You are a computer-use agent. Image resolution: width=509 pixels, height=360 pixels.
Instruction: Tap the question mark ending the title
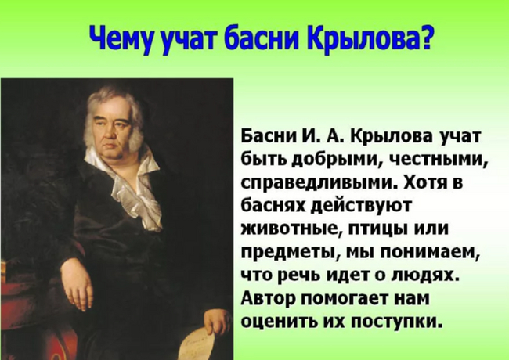tap(425, 38)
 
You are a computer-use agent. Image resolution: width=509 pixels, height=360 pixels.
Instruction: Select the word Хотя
tap(423, 182)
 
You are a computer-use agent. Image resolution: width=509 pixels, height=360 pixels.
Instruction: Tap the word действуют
tap(361, 207)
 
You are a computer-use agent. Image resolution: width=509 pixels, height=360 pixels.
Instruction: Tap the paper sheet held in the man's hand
tap(196, 342)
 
